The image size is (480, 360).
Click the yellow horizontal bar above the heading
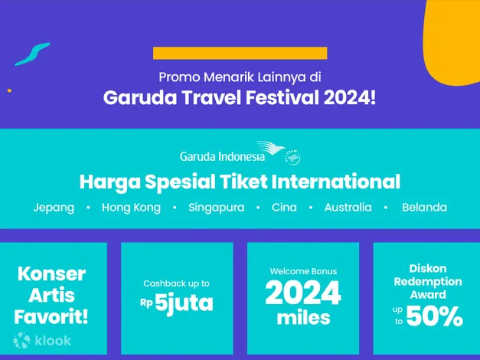click(x=240, y=53)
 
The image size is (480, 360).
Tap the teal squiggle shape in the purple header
click(x=32, y=54)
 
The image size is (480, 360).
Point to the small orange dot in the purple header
click(x=9, y=90)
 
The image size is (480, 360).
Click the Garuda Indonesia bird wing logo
click(x=270, y=149)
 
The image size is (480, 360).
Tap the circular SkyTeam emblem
click(x=292, y=158)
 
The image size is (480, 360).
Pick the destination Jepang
click(x=54, y=208)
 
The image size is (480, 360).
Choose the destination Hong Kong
click(x=131, y=208)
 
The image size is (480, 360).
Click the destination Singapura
click(x=217, y=208)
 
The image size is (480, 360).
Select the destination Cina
click(x=284, y=208)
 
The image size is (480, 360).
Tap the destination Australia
click(x=348, y=208)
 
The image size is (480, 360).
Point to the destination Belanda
click(x=424, y=208)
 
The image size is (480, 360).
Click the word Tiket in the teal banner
click(x=243, y=182)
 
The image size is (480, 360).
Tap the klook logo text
click(x=53, y=341)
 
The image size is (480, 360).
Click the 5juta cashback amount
click(x=184, y=303)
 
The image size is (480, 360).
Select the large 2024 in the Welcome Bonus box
click(x=303, y=293)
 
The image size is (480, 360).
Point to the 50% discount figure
click(x=435, y=316)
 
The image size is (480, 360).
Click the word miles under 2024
click(x=303, y=318)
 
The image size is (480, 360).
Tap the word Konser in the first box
click(x=51, y=273)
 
